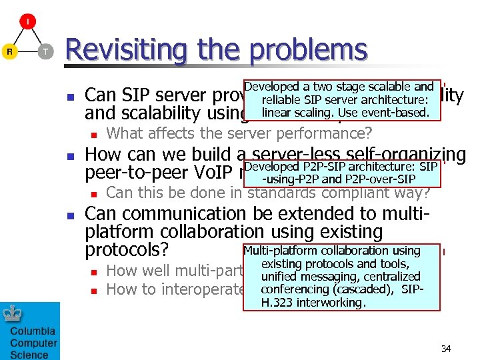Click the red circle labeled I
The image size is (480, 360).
tap(27, 22)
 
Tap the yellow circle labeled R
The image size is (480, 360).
tap(9, 51)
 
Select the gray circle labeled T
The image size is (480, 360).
tap(45, 51)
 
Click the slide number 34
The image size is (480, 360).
tap(446, 349)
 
